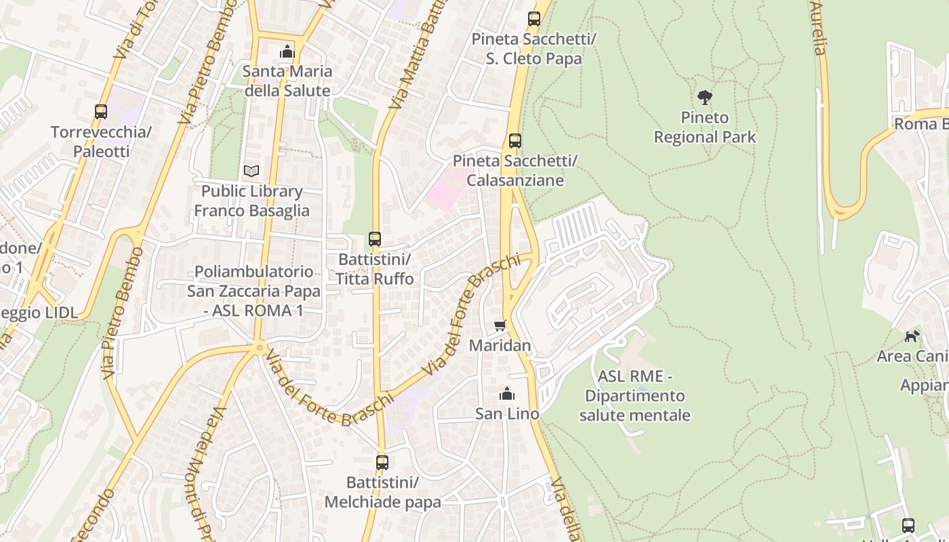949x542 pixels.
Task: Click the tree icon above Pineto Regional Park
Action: [705, 98]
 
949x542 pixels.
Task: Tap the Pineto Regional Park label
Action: [704, 127]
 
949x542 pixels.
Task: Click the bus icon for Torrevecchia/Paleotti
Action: [101, 112]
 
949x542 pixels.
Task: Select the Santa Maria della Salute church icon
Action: [287, 51]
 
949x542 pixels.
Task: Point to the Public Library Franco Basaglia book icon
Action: [251, 171]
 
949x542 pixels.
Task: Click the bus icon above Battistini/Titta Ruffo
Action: [375, 238]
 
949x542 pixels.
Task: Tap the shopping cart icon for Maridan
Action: [500, 326]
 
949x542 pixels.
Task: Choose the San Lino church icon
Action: [507, 394]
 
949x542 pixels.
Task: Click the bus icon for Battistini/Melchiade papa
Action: [382, 463]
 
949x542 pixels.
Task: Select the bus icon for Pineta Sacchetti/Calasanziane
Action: [515, 141]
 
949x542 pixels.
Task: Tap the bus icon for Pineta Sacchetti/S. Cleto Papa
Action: [534, 19]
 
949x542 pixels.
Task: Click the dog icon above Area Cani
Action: [912, 336]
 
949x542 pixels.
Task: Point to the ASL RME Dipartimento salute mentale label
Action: [634, 396]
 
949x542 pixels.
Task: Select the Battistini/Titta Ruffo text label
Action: [375, 269]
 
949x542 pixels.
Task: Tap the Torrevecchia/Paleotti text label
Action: [101, 142]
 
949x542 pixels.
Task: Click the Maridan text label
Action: [500, 346]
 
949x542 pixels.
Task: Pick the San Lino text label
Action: [507, 413]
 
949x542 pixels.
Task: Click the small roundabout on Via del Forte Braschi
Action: [259, 348]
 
